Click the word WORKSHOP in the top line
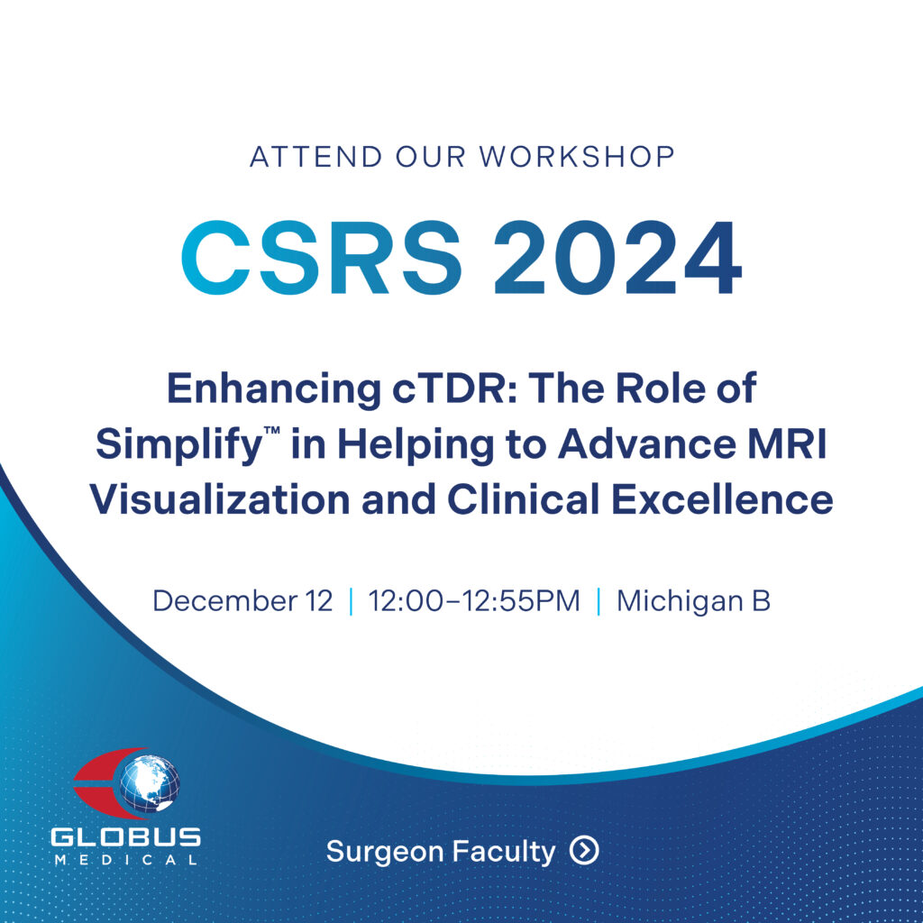[x=576, y=157]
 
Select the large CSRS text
[x=322, y=257]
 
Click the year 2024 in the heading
[x=617, y=257]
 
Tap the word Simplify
[x=178, y=446]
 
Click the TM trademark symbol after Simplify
[x=271, y=432]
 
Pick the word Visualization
[x=220, y=499]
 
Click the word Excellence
[x=722, y=499]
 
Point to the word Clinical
[x=524, y=499]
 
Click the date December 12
[x=242, y=601]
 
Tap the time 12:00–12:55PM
[x=474, y=601]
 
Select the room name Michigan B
[x=693, y=601]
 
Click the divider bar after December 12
[x=352, y=601]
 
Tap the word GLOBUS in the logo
[x=125, y=837]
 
